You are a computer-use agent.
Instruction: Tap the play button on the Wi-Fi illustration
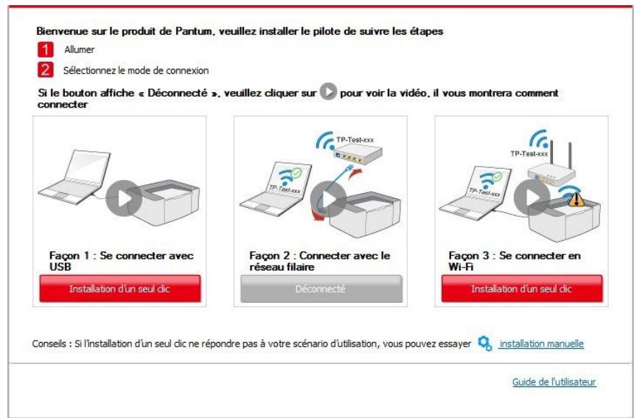click(530, 196)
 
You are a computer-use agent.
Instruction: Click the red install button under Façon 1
click(119, 288)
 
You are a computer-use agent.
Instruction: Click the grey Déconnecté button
click(321, 288)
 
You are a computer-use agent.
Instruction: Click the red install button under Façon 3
click(521, 288)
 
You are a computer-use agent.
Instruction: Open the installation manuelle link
click(541, 344)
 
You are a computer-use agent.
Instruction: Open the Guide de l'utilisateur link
click(554, 382)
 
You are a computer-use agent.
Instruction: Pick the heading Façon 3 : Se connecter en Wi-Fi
click(513, 260)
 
